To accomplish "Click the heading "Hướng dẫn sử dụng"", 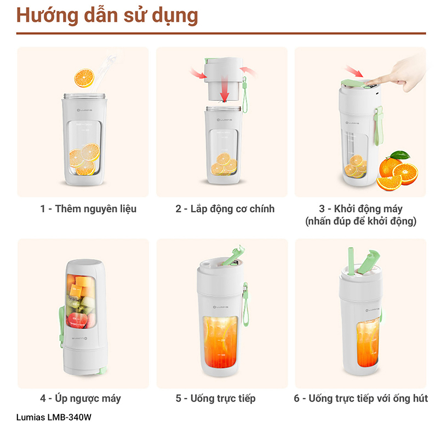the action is coord(107,16).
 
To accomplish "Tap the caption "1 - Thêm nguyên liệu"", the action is coord(88,209).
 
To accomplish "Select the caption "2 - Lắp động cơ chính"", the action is coord(225,209).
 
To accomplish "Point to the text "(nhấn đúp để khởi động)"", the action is coord(361,221).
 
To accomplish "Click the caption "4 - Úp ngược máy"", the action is coord(81,398).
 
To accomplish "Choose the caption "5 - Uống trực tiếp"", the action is coord(216,398).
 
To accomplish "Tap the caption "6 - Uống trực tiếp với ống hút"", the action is coord(361,398).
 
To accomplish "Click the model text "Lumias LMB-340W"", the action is coord(54,417).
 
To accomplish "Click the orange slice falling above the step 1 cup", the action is coord(84,78).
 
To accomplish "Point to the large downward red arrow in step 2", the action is coord(224,88).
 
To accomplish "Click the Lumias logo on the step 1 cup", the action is coord(84,110).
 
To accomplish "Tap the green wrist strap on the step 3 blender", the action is coord(379,125).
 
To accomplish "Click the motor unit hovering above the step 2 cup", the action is coord(224,79).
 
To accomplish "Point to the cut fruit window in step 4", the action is coord(81,301).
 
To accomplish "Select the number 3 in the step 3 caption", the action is coord(322,209).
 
